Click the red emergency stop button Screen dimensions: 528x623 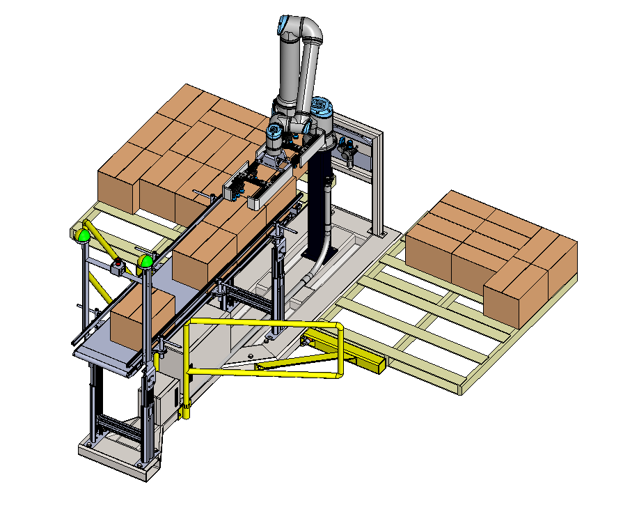pyautogui.click(x=118, y=265)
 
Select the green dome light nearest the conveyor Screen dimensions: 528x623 pyautogui.click(x=145, y=261)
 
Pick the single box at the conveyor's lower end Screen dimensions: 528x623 pyautogui.click(x=141, y=318)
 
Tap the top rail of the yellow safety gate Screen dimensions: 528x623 pyautogui.click(x=265, y=323)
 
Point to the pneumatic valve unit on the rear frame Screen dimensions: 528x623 pyautogui.click(x=348, y=150)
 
